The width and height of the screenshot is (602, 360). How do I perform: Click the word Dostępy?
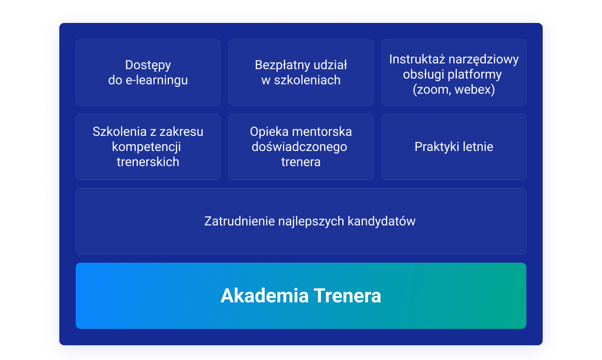click(x=148, y=65)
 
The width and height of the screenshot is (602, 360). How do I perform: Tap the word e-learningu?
click(x=157, y=81)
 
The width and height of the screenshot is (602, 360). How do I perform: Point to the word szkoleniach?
click(x=307, y=80)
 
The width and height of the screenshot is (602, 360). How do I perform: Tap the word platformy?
click(x=475, y=75)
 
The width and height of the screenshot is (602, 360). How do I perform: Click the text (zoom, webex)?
click(x=454, y=90)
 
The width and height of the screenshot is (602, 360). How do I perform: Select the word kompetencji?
click(x=146, y=147)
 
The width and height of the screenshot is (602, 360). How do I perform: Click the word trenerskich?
click(x=148, y=162)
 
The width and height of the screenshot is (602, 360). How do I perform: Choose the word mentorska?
click(x=322, y=132)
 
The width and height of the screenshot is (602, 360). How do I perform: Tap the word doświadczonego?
click(x=299, y=147)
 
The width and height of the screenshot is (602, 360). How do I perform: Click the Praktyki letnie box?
click(x=454, y=147)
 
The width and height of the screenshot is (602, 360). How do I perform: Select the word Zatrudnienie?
click(x=240, y=221)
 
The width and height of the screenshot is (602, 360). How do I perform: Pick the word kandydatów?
click(x=382, y=222)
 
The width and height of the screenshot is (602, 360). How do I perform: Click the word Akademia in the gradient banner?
click(x=265, y=296)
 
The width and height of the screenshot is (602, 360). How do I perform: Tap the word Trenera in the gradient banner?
click(x=348, y=296)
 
